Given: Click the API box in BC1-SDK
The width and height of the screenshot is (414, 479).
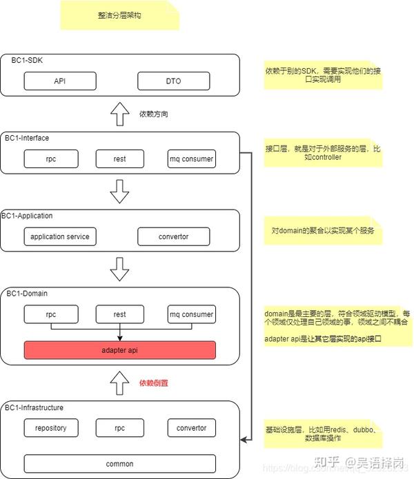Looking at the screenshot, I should (x=60, y=81).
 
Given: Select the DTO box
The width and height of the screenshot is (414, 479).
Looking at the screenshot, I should (x=173, y=81).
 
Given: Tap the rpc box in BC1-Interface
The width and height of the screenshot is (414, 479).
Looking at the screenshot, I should (x=50, y=159).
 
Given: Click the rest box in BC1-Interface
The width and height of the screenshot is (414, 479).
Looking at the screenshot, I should (x=120, y=159).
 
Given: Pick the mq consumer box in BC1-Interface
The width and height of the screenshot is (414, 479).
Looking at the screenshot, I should (x=191, y=159).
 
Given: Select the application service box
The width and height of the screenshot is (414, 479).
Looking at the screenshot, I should (x=60, y=236).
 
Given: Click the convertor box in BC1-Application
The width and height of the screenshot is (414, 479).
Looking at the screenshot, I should (x=173, y=236).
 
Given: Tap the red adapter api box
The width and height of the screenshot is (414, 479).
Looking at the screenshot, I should (x=120, y=349).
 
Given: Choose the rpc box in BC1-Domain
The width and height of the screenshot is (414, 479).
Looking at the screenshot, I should (x=50, y=314).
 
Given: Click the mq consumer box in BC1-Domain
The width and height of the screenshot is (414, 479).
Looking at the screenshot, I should (x=191, y=314).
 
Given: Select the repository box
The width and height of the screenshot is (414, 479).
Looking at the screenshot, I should (x=50, y=427).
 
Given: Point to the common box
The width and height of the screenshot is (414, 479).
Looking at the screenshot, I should (x=120, y=463).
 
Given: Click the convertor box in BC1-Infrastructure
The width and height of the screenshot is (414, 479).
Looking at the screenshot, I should (x=191, y=427).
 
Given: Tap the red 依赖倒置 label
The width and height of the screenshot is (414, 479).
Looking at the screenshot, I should (x=154, y=383).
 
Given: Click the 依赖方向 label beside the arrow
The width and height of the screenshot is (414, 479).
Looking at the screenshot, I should (x=153, y=113).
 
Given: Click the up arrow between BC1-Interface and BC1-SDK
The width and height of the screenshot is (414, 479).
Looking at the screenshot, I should (x=120, y=114).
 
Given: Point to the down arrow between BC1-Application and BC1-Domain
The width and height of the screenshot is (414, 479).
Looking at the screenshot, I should (x=120, y=269).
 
